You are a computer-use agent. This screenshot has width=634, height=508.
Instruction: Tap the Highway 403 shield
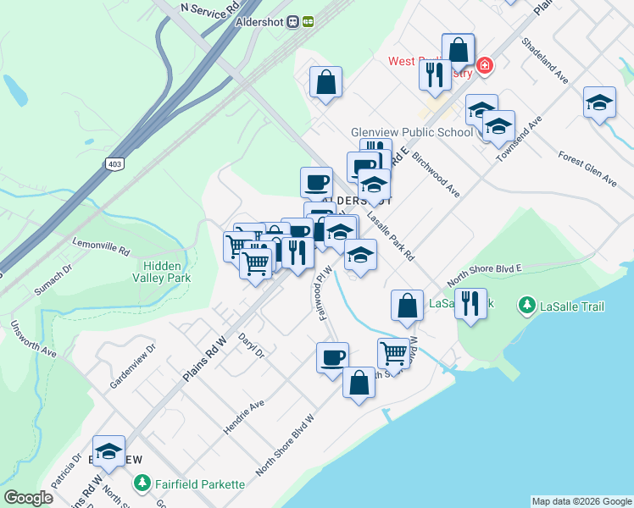pyautogui.click(x=114, y=163)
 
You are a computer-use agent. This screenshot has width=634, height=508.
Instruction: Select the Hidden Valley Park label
pyautogui.click(x=162, y=271)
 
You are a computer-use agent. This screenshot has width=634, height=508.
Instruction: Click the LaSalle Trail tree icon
pyautogui.click(x=527, y=305)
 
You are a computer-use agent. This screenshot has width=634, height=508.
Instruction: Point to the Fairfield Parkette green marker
pyautogui.click(x=142, y=484)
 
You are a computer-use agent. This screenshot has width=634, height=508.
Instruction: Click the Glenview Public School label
pyautogui.click(x=412, y=132)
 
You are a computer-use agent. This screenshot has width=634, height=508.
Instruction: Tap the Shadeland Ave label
pyautogui.click(x=545, y=59)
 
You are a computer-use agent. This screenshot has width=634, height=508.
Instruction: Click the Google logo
pyautogui.click(x=28, y=498)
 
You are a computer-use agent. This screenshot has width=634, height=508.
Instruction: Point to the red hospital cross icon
pyautogui.click(x=484, y=64)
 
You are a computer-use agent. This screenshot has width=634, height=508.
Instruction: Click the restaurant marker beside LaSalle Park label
pyautogui.click(x=470, y=303)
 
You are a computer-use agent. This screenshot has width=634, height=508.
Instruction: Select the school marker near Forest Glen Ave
pyautogui.click(x=598, y=103)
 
